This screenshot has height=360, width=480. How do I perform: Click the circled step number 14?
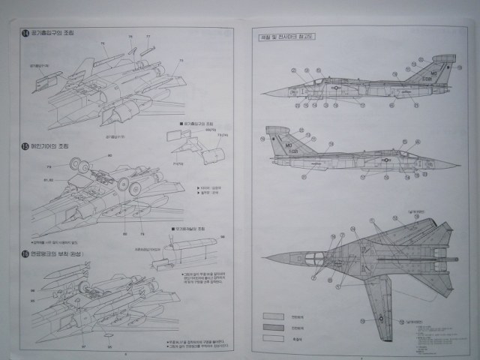click(x=25, y=33)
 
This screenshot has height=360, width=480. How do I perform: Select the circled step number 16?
click(x=25, y=255)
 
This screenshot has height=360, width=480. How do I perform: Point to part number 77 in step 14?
click(x=148, y=37)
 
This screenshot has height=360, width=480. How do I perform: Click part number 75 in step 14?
click(x=103, y=43)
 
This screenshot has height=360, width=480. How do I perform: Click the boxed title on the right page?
click(x=286, y=36)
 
